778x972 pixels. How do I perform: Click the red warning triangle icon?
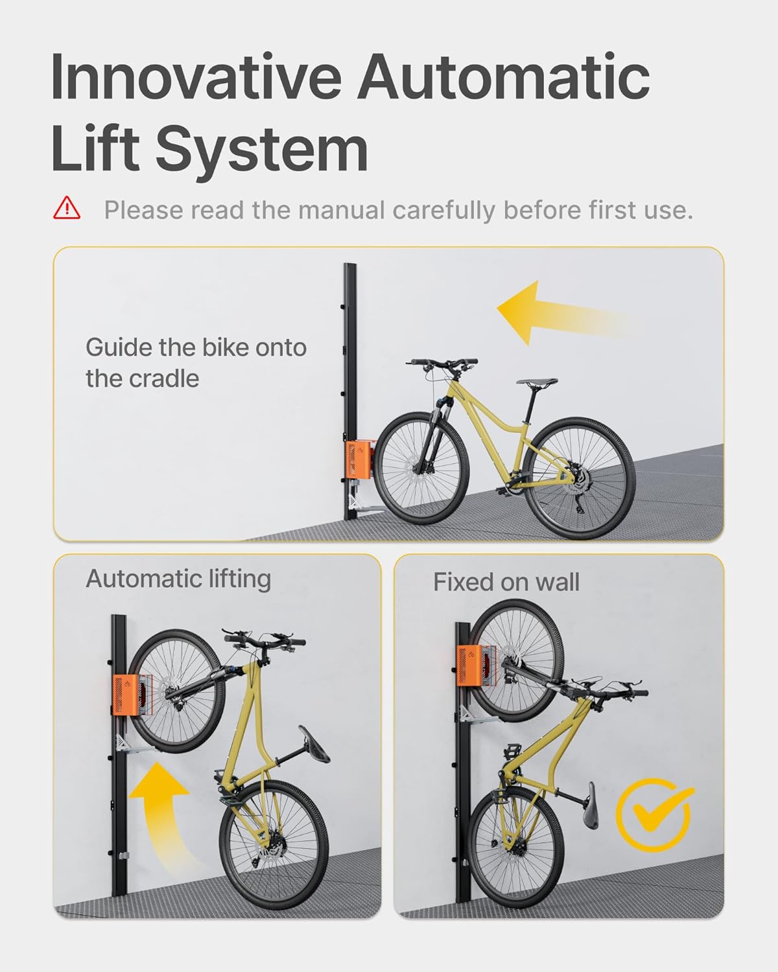[67, 209]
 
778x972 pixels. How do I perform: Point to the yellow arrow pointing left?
[558, 312]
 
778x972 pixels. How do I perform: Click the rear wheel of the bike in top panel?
[579, 479]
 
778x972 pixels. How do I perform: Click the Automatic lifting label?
[178, 579]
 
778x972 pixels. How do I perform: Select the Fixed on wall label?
[506, 582]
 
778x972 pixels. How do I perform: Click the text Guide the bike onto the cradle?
[195, 363]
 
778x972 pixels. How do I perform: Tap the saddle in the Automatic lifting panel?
[314, 744]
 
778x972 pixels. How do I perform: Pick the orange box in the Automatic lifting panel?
[127, 695]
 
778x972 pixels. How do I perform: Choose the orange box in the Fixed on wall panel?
[474, 667]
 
